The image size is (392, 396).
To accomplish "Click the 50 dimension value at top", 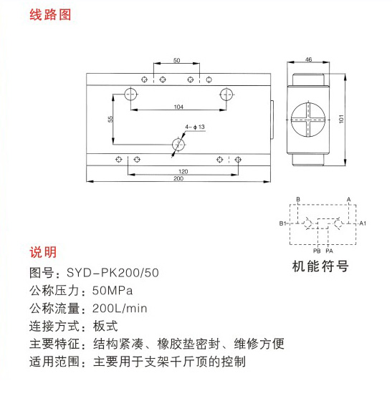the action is tap(177, 60).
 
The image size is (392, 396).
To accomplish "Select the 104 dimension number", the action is tap(178, 107).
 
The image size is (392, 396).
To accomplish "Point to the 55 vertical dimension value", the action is tap(110, 119).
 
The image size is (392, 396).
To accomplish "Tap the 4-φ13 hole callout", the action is tap(195, 127).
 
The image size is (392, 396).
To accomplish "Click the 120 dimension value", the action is tap(183, 171).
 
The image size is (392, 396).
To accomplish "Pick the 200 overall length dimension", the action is tap(178, 178).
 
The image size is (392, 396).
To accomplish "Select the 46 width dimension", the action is tap(308, 59).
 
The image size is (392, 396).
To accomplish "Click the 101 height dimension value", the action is tap(341, 119).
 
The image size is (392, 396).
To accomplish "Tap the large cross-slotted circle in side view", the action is tap(307, 120).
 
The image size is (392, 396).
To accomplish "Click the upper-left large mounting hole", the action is tap(130, 95).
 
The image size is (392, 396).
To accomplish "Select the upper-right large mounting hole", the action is tap(226, 95).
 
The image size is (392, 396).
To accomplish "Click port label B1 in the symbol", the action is tap(282, 223).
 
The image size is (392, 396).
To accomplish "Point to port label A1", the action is tap(363, 223).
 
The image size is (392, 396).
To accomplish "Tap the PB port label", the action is tap(317, 251).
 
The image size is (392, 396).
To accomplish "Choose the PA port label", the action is tap(330, 251).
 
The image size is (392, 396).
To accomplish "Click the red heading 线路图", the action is tap(50, 14).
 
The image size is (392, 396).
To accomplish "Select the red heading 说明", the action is tap(43, 252).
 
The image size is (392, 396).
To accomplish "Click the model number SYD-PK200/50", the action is tap(113, 273).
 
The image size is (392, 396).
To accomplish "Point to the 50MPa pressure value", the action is tap(113, 291).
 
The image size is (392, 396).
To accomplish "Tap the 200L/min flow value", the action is tap(120, 309).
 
